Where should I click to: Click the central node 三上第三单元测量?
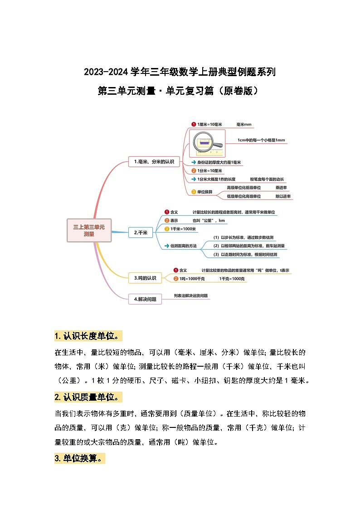pos(89,230)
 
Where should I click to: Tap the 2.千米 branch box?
pos(141,233)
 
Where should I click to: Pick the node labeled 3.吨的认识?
pos(145,278)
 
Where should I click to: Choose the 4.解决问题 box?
pos(145,299)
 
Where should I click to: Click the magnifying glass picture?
pos(207,143)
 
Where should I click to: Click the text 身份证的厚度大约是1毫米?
pos(219,162)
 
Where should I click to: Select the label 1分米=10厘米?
pos(209,171)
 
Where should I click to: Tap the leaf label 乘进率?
pos(281,187)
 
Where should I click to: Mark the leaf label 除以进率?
pos(283,196)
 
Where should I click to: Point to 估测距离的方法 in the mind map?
pos(183,246)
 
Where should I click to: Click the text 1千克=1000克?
pos(232,279)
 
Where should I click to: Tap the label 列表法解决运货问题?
pos(191,296)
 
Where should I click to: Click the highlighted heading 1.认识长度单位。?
pos(88,336)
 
